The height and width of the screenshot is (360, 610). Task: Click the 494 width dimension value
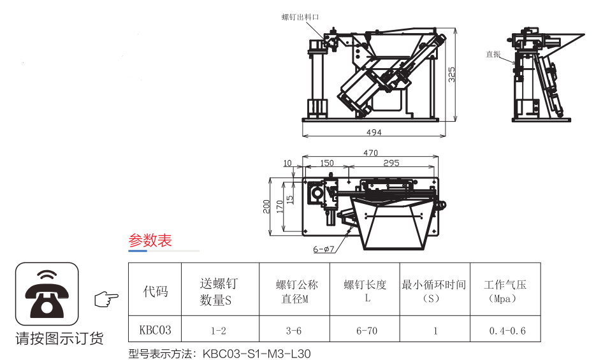(x=374, y=133)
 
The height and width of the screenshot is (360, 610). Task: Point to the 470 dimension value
(x=370, y=153)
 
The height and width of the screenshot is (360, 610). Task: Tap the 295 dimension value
(x=391, y=163)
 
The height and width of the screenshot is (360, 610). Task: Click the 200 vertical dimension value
(x=266, y=206)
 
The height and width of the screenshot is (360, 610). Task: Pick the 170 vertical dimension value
(x=279, y=206)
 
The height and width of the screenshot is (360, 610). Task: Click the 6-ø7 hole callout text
(x=324, y=250)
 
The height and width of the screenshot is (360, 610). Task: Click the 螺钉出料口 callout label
(x=300, y=17)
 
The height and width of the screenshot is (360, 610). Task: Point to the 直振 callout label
(x=493, y=54)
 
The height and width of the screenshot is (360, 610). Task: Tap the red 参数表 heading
(x=150, y=241)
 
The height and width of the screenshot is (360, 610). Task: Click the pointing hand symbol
(x=106, y=298)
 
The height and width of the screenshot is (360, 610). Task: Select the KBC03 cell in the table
(x=155, y=330)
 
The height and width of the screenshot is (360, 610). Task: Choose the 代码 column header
(x=155, y=291)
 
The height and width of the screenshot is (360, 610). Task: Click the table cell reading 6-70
(x=367, y=331)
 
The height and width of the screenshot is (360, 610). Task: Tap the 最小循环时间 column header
(x=433, y=285)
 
